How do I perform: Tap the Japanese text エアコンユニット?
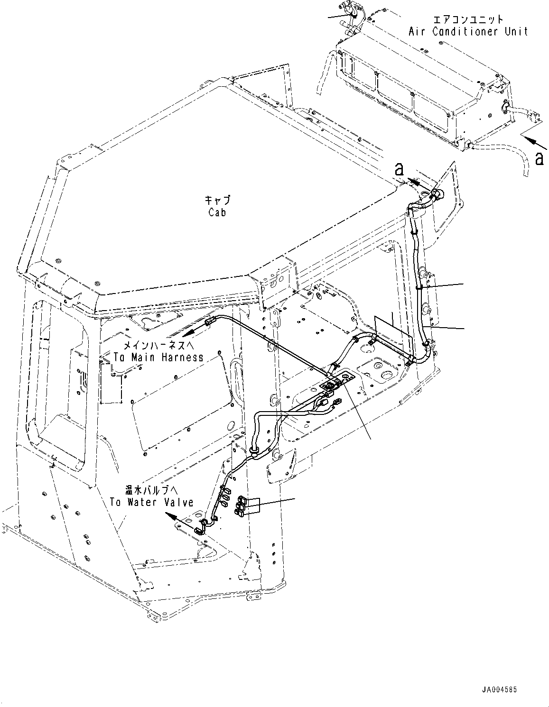point(467,19)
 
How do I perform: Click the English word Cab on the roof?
point(217,212)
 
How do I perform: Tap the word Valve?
point(178,502)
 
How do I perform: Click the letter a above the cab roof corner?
point(400,168)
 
